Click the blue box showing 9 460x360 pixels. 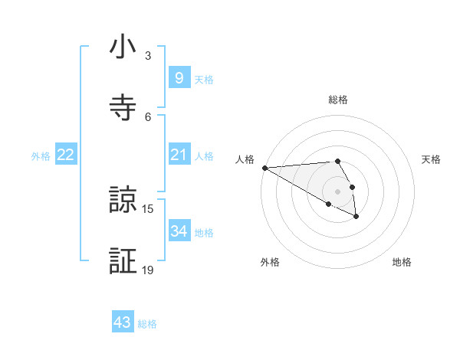(x=179, y=77)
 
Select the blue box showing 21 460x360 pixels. (x=179, y=155)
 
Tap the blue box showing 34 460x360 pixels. (x=179, y=231)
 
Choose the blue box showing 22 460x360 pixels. (x=66, y=155)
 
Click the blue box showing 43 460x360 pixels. (x=123, y=322)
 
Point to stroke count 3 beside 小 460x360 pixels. (x=148, y=56)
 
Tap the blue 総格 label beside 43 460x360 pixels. (x=147, y=324)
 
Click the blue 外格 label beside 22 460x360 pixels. (x=41, y=156)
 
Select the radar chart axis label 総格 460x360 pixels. (x=338, y=100)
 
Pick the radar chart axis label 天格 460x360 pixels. (x=432, y=159)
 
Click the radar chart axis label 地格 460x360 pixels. (x=402, y=262)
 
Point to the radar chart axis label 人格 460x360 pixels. (x=244, y=159)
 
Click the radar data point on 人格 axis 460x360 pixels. (x=264, y=168)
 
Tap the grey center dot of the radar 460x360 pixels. (x=338, y=191)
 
